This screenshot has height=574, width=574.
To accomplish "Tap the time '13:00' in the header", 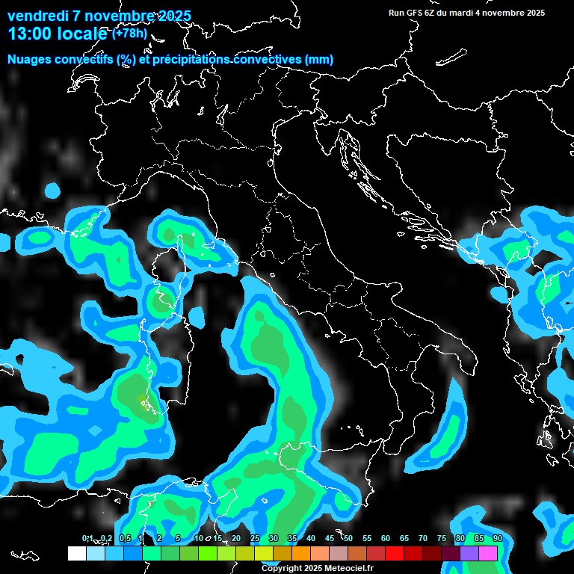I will tap(30, 34).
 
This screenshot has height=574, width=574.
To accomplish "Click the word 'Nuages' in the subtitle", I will tap(31, 60).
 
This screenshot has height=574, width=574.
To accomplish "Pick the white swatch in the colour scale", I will tap(77, 553).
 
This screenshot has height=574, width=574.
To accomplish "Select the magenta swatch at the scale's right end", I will tap(488, 553).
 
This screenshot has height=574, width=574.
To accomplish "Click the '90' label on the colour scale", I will tap(497, 538).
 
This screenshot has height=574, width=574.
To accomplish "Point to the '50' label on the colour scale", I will tap(348, 538).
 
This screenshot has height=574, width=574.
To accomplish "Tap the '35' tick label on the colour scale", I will tap(292, 538).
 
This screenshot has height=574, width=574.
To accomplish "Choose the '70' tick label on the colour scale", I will tap(423, 538).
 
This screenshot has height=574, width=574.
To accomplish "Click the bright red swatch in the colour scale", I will tap(395, 553).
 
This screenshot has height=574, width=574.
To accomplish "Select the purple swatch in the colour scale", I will tap(469, 553).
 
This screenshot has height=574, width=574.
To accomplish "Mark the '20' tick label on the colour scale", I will tap(236, 538).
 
